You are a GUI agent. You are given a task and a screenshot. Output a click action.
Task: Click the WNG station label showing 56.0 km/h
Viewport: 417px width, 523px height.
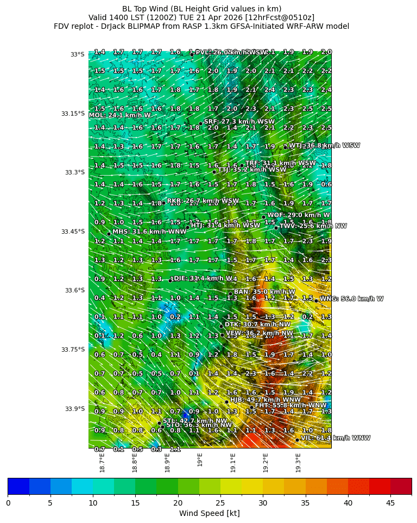point(351,299)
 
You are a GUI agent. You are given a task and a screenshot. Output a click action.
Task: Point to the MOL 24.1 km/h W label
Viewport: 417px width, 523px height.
point(119,115)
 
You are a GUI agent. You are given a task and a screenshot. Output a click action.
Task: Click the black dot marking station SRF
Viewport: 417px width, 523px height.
point(200,123)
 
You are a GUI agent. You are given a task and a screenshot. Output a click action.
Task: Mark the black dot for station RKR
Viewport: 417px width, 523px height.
point(163,203)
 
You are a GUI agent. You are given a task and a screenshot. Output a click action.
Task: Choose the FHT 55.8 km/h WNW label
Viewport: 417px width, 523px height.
point(291,406)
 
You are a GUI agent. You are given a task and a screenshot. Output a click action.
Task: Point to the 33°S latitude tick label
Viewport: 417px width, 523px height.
point(77,54)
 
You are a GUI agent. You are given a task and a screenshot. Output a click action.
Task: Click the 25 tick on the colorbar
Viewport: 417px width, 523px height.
point(220,503)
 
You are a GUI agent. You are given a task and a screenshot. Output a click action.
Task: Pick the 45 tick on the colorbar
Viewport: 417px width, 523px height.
point(390,503)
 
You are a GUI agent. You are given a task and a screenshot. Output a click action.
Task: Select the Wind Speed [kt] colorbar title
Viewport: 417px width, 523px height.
point(209,514)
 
